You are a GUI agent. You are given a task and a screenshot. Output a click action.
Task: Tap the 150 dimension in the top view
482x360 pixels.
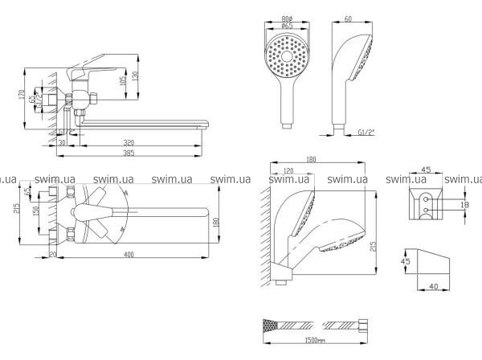34,211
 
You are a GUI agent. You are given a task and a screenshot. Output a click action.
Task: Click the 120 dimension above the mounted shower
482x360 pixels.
288,170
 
